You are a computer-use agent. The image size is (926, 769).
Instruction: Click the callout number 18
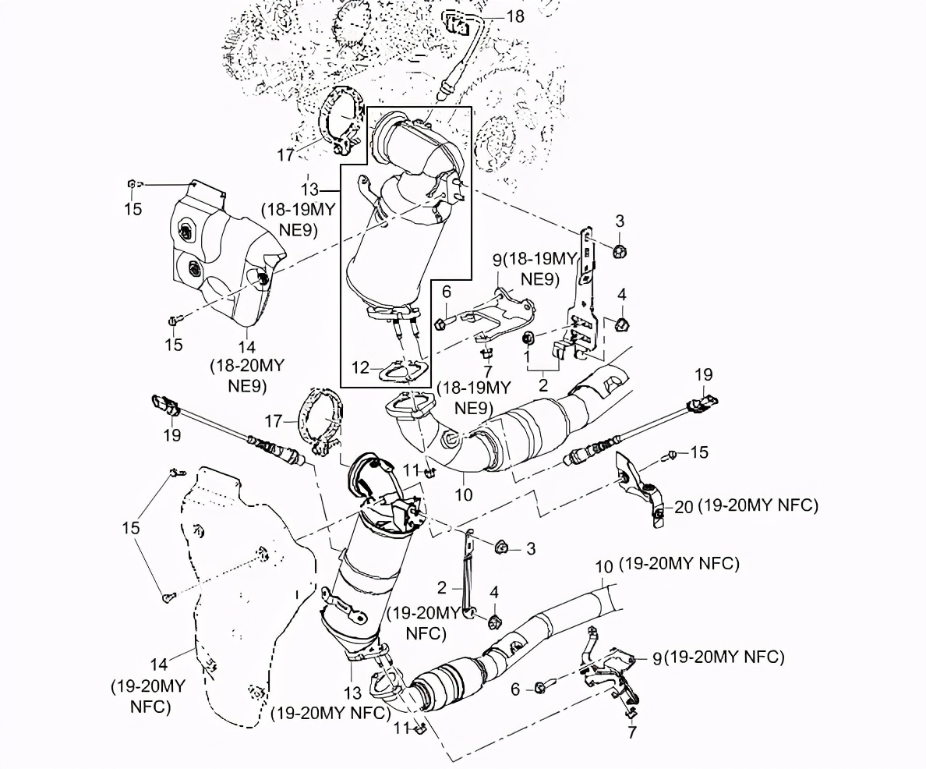click(515, 16)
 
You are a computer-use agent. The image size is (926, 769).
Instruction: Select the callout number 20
click(684, 507)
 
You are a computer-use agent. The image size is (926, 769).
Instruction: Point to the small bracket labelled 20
click(640, 487)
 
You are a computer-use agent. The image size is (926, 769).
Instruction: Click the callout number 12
click(360, 367)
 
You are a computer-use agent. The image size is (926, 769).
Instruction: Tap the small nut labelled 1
click(528, 338)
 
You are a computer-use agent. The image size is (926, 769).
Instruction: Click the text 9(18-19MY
click(535, 259)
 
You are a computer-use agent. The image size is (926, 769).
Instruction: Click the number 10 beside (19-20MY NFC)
click(604, 566)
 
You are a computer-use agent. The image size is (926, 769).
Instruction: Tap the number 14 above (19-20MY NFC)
click(159, 664)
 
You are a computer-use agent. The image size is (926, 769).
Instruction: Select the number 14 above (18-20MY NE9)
click(247, 347)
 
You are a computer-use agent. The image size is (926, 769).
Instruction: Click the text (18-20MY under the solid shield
click(247, 366)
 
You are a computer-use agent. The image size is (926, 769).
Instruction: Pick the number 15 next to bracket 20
click(699, 453)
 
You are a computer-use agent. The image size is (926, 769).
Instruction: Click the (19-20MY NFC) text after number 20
click(758, 506)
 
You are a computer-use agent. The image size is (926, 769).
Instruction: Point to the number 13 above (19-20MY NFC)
click(352, 693)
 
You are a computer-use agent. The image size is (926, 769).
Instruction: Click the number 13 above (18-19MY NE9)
click(309, 190)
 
